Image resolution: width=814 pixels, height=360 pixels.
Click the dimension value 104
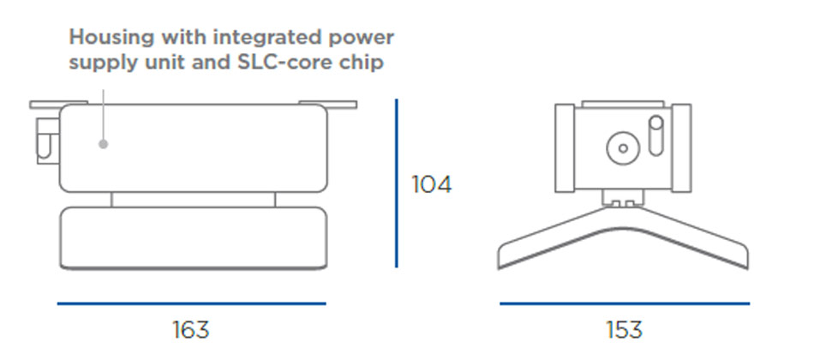coord(431,184)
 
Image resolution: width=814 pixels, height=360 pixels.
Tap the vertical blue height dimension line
coord(397,183)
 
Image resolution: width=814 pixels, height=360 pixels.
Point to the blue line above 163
coord(191,303)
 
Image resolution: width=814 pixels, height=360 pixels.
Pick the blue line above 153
coord(624,303)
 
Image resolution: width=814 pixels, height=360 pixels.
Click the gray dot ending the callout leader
coord(104,144)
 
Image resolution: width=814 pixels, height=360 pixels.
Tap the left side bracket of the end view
coord(566,148)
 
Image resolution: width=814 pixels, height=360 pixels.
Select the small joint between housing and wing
coord(623,199)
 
